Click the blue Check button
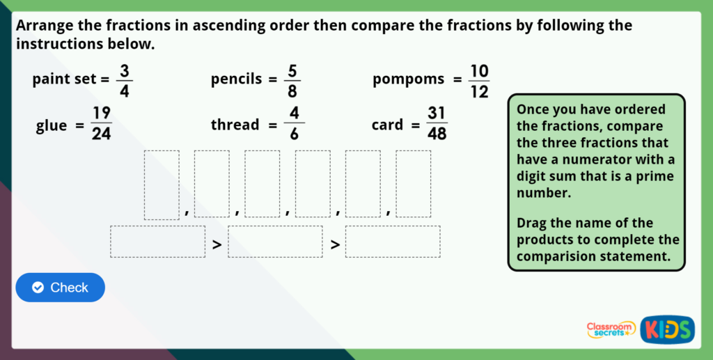(x=60, y=288)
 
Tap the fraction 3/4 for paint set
(x=125, y=80)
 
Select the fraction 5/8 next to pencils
(x=292, y=80)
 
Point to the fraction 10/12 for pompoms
(x=479, y=81)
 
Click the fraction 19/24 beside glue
(x=102, y=124)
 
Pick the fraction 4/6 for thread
(x=294, y=125)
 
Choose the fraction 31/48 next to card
(x=437, y=124)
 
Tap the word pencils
(x=236, y=79)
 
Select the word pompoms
(x=408, y=79)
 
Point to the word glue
(x=52, y=126)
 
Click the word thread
(x=235, y=125)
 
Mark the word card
(x=387, y=125)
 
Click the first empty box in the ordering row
(x=162, y=185)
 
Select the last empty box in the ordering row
(x=414, y=185)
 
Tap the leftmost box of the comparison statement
(x=157, y=242)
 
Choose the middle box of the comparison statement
(x=275, y=242)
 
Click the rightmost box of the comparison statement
(x=393, y=242)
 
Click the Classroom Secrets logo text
(x=611, y=329)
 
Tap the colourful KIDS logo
(x=667, y=329)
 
